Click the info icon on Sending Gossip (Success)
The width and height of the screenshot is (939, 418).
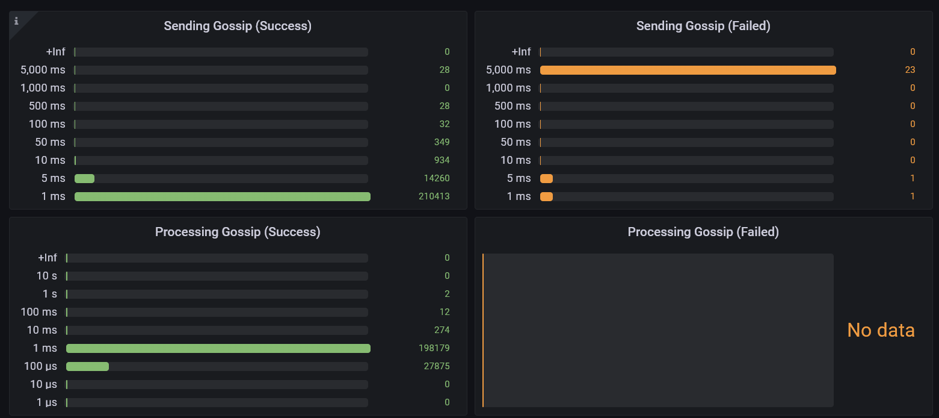[16, 21]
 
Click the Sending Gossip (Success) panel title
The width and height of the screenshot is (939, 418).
[238, 26]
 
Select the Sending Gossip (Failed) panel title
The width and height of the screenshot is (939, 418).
[703, 26]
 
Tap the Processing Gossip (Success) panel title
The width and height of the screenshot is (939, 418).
[238, 232]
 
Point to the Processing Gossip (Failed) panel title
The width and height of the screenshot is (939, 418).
[703, 232]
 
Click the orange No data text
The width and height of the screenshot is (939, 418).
[881, 330]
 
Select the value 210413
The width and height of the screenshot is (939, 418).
[434, 196]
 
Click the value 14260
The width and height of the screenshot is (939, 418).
[436, 178]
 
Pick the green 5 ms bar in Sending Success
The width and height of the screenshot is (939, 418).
[84, 178]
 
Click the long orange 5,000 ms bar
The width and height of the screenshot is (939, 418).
[688, 70]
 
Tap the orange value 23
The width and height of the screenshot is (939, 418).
[910, 70]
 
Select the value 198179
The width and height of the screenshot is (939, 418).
[434, 348]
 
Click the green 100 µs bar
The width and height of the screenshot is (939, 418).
[87, 366]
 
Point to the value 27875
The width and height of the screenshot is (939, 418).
[436, 366]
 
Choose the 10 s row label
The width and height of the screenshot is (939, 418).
[47, 276]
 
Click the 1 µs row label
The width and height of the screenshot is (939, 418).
[47, 402]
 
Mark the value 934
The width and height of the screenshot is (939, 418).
[442, 160]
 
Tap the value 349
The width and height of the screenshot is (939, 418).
[442, 142]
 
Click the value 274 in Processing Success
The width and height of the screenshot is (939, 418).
[442, 330]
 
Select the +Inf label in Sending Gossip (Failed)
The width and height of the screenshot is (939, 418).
[521, 52]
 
